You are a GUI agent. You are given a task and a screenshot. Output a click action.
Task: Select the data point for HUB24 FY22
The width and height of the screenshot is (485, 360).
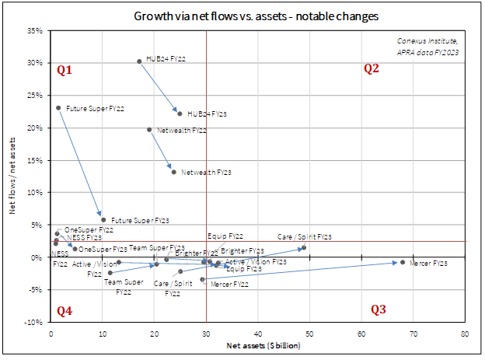point(139,61)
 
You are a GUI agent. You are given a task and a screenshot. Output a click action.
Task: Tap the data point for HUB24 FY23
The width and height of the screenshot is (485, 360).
point(180,114)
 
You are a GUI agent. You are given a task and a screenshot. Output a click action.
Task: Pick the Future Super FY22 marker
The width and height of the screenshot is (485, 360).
point(58,108)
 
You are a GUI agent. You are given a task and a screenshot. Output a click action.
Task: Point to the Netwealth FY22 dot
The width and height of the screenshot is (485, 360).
point(149,130)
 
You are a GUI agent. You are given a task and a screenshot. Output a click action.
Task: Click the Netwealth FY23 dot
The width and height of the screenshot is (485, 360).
point(173,172)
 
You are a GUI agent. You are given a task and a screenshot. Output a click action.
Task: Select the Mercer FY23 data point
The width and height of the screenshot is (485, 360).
point(403,262)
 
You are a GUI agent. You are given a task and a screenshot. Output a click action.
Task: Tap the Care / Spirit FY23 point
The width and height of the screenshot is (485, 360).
point(304,247)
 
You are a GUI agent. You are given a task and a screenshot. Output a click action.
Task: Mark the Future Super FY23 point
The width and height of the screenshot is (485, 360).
point(103,220)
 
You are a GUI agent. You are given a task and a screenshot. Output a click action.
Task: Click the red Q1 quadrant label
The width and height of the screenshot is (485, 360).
point(65,70)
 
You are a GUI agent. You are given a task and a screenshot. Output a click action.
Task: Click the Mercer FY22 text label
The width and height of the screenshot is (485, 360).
point(229,285)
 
